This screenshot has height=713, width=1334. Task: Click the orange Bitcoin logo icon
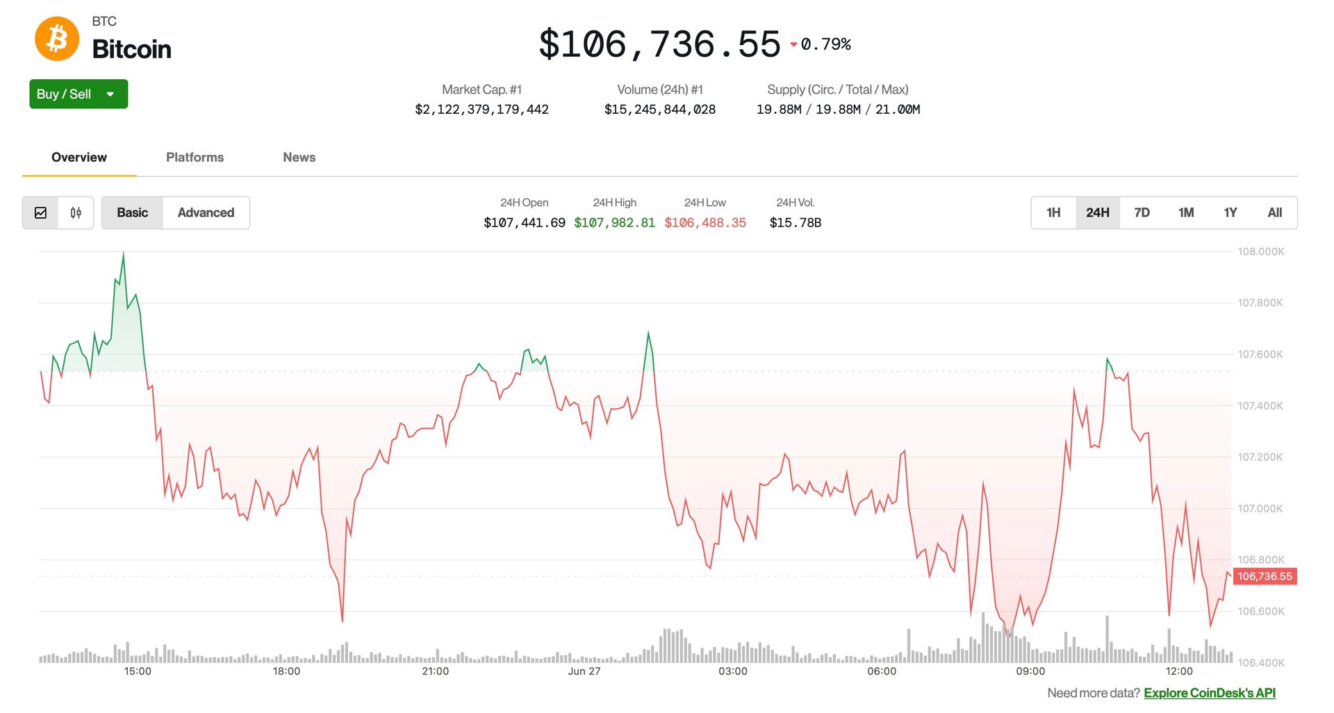[x=57, y=39]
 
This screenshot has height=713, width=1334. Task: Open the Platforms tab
[x=195, y=158]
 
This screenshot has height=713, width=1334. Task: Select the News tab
[x=299, y=158]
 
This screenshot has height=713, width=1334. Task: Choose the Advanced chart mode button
[x=206, y=212]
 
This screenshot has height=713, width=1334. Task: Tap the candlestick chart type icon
[x=76, y=212]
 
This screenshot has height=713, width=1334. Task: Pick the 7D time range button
[x=1142, y=212]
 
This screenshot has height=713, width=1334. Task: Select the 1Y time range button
[x=1230, y=212]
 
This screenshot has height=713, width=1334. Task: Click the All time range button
[x=1274, y=212]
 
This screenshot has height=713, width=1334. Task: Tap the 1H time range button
[x=1053, y=212]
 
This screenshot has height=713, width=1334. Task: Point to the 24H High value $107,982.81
[x=614, y=223]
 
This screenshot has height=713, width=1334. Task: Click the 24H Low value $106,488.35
[x=705, y=223]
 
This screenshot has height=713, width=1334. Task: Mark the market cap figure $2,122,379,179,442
[x=481, y=110]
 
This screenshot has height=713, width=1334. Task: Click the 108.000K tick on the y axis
[x=1260, y=251]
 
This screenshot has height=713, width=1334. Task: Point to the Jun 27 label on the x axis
[x=584, y=671]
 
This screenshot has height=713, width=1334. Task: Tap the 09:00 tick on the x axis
[x=1030, y=671]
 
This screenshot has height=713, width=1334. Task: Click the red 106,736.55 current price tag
[x=1265, y=576]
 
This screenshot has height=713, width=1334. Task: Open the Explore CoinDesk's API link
[x=1209, y=693]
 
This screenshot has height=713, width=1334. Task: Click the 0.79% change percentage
[x=825, y=44]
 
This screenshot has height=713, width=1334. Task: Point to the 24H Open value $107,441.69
[x=524, y=223]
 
